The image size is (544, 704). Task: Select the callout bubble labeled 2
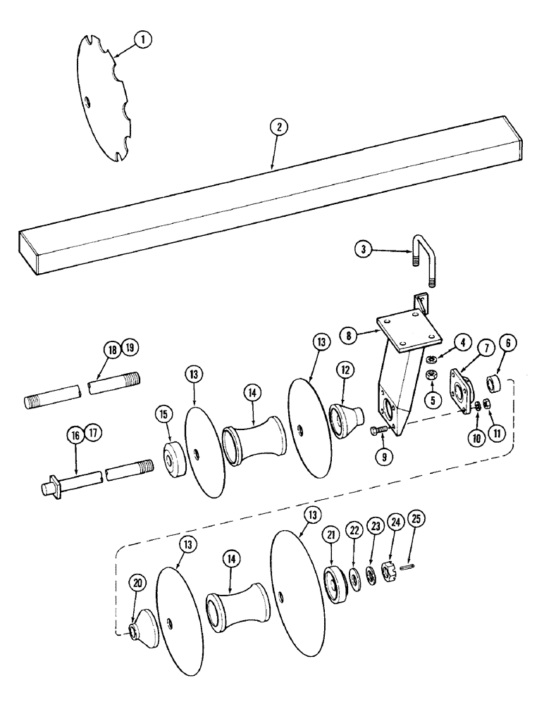(x=279, y=127)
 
